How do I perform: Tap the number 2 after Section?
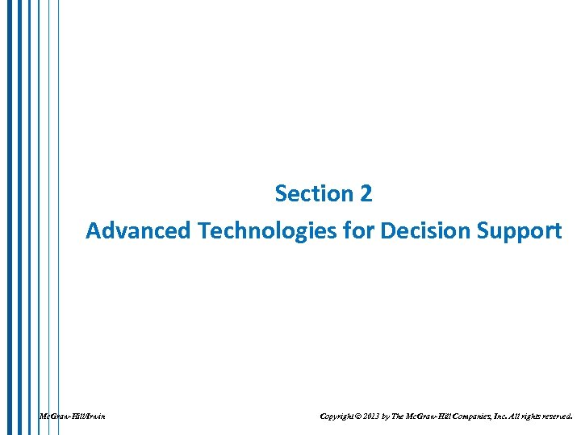coord(366,194)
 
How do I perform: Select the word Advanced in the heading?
coord(138,231)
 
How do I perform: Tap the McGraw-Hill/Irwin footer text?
coord(73,416)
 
